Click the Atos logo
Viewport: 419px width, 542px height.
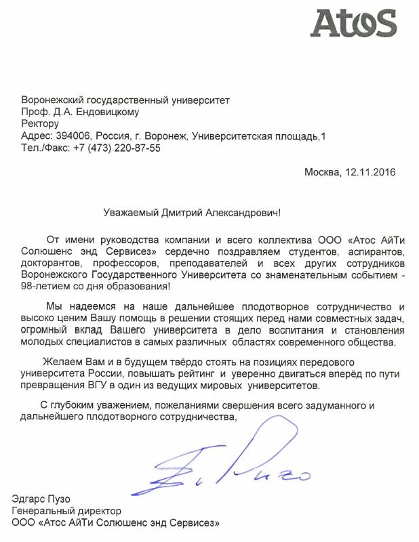pyautogui.click(x=353, y=24)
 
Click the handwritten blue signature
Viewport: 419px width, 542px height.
pyautogui.click(x=224, y=467)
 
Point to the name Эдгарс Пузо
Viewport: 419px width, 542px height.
pyautogui.click(x=41, y=499)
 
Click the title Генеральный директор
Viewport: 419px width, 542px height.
pyautogui.click(x=66, y=511)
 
